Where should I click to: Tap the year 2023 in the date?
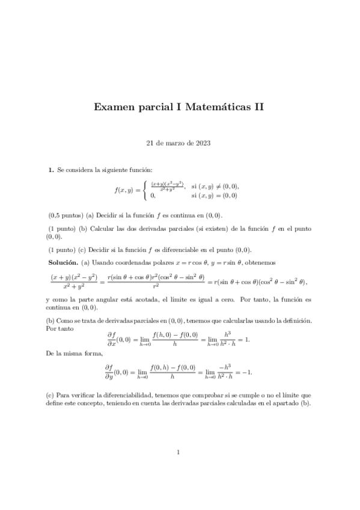[203, 143]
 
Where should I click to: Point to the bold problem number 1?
[50, 171]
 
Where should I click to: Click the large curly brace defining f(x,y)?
[144, 191]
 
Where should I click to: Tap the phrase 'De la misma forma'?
[67, 355]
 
